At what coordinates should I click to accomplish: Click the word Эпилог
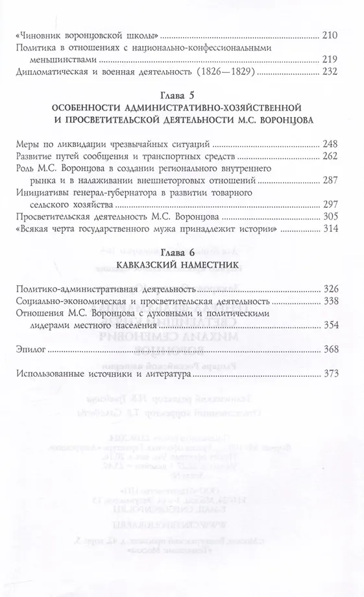tap(30, 350)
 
